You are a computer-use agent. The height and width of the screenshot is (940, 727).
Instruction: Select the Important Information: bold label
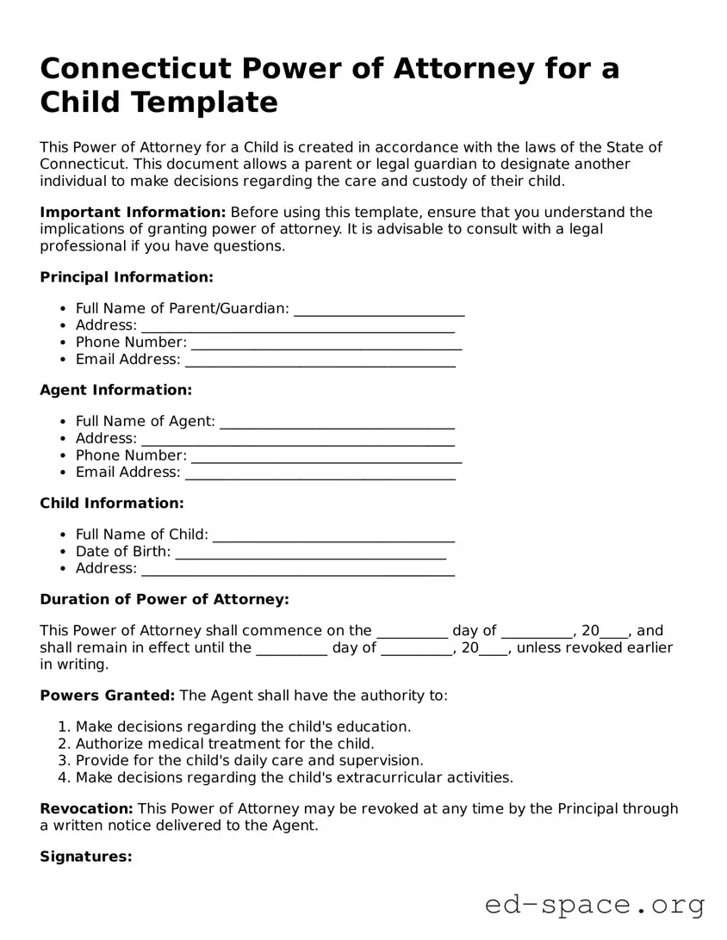coord(133,213)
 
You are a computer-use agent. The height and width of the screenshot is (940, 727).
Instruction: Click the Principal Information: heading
coord(126,277)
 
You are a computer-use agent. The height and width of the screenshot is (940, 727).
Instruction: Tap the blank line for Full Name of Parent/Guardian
coord(379,309)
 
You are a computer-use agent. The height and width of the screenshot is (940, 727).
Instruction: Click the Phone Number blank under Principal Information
coord(326,343)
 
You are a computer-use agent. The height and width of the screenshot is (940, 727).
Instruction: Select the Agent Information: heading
coord(115,390)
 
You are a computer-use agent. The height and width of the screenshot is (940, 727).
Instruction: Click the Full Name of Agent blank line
coord(337,422)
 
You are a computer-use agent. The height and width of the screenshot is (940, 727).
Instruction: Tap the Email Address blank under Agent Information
coord(320,473)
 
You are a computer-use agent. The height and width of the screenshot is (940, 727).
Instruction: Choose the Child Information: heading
coord(111,503)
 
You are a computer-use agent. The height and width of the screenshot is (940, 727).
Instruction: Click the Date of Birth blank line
coord(310,552)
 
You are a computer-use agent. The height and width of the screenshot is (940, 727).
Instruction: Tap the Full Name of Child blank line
coord(333,535)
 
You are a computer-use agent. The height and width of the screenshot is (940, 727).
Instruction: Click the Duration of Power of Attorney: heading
coord(164,599)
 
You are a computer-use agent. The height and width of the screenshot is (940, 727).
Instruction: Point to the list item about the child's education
coord(243,727)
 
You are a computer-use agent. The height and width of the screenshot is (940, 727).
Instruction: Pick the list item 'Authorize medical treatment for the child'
coord(225,744)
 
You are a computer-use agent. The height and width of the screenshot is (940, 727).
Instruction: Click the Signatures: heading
coord(86,857)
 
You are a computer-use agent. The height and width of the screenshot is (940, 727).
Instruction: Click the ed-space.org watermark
coord(594,905)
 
